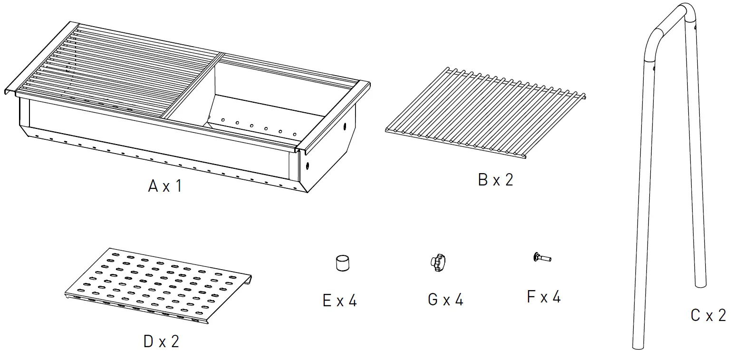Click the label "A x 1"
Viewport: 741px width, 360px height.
tap(164, 186)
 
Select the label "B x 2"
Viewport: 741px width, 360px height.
tap(495, 180)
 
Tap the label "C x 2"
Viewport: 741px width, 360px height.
tap(708, 315)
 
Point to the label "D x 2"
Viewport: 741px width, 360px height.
tap(161, 341)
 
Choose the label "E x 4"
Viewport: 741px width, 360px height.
tap(339, 301)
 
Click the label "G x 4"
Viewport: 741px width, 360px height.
tap(445, 300)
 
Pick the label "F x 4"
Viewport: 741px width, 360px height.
tap(544, 297)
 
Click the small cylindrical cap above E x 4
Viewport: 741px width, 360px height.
tap(342, 263)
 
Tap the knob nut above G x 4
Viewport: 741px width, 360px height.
tap(439, 263)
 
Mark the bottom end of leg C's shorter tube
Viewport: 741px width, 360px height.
tap(700, 283)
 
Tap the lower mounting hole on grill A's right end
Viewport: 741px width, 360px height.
tap(308, 166)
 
